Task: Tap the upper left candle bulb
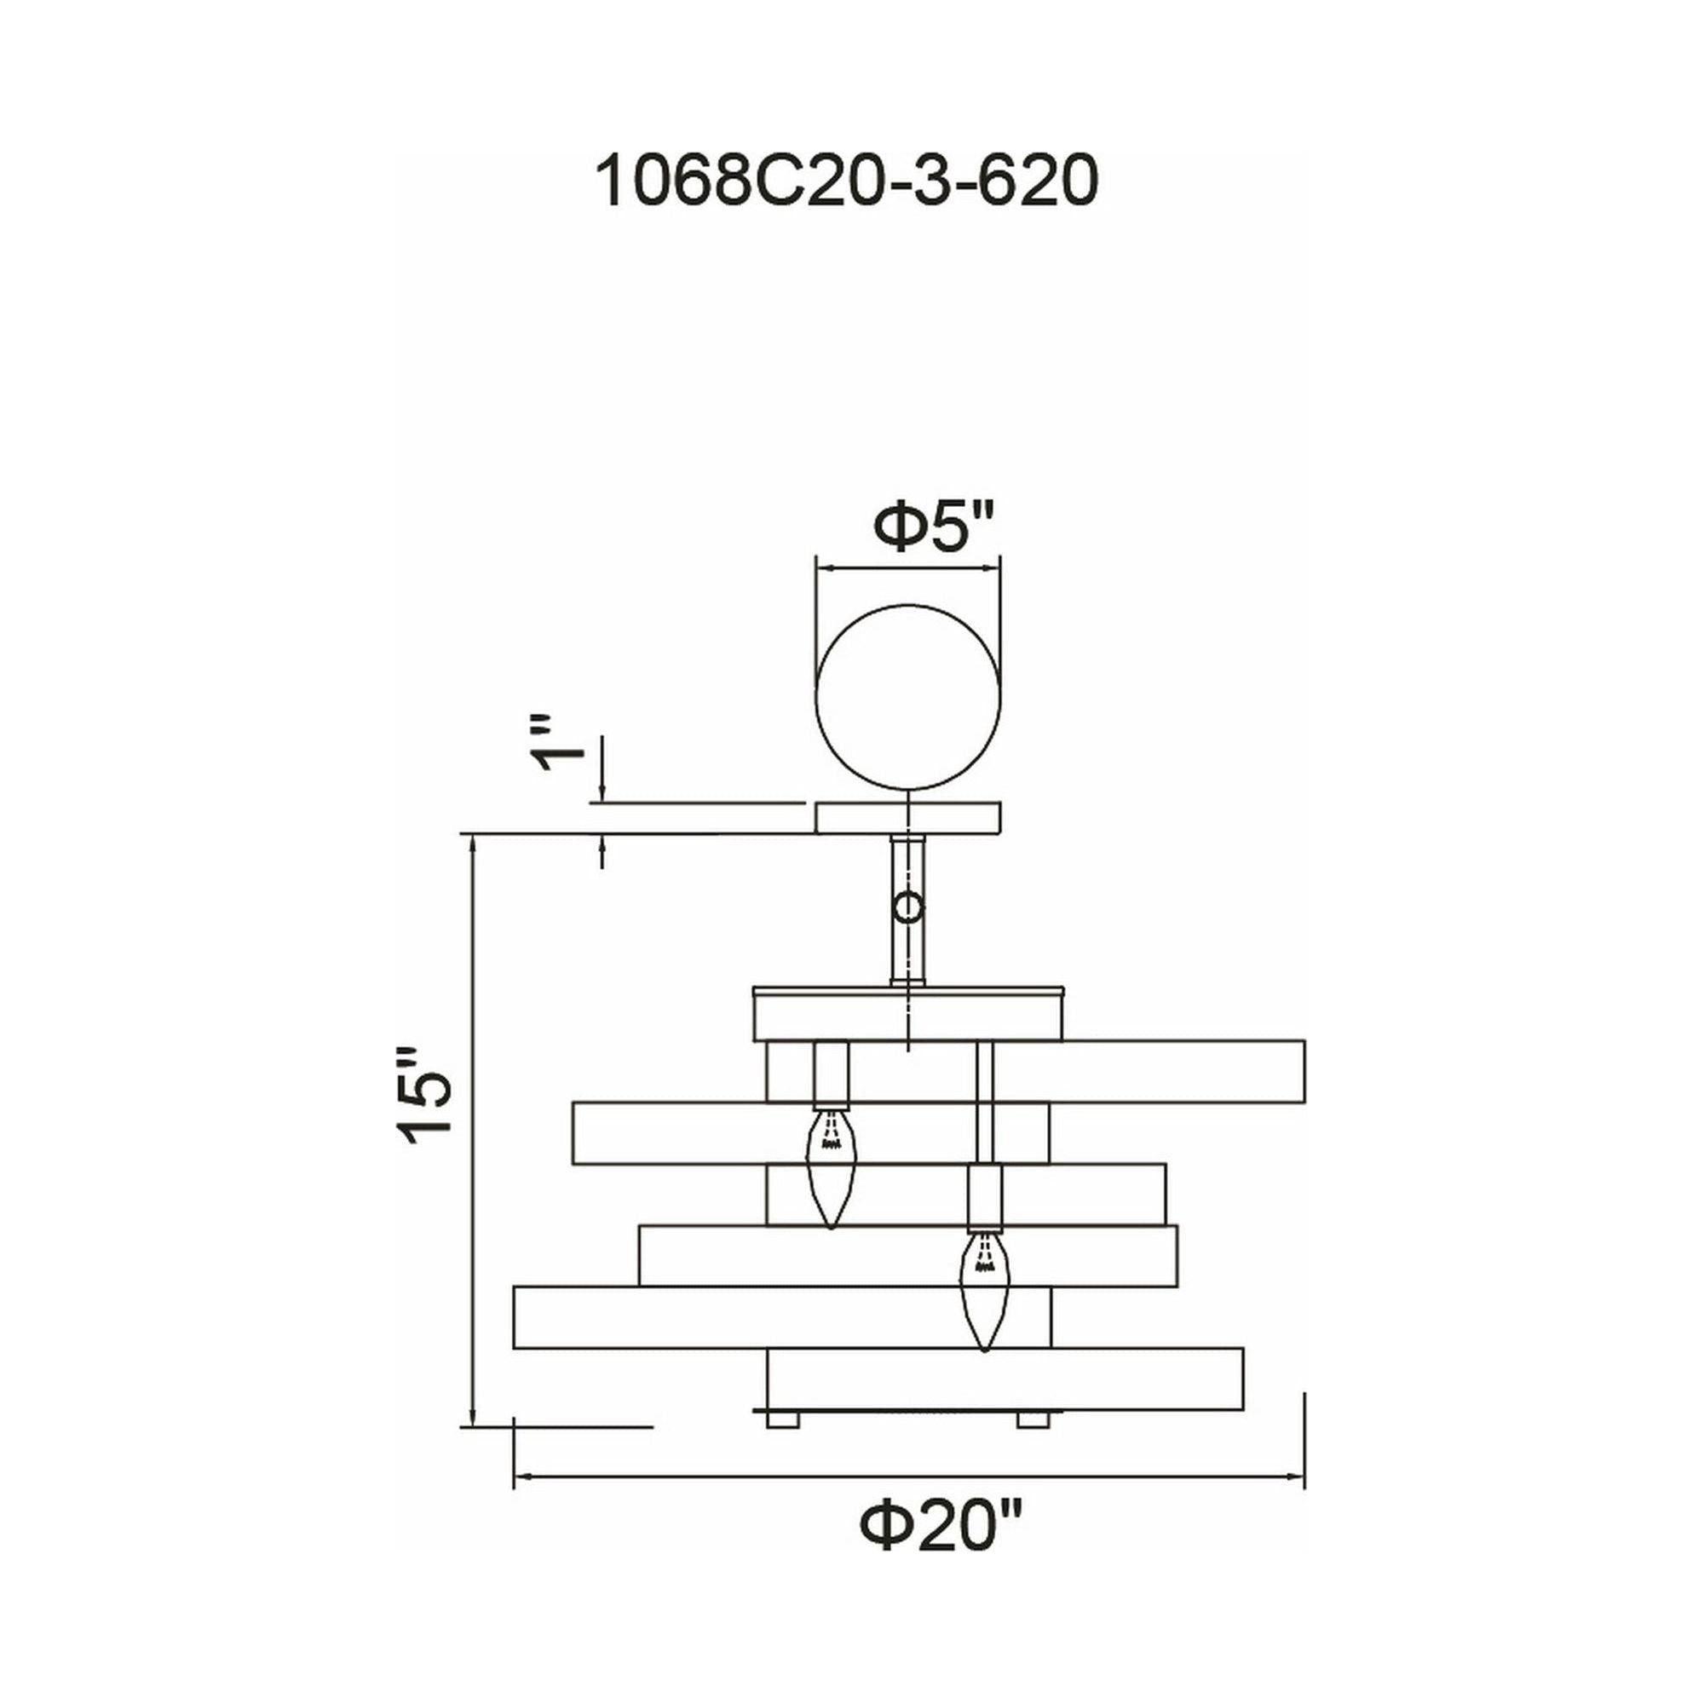coord(831,1167)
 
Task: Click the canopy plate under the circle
coord(908,818)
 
